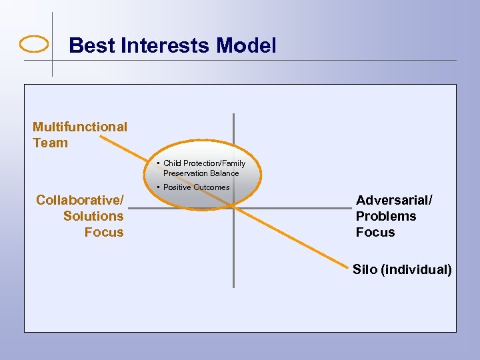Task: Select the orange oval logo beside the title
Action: tap(35, 45)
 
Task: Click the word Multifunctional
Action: tap(80, 127)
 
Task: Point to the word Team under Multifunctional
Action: tap(50, 143)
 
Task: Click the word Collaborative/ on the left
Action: tap(80, 200)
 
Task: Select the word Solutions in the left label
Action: tap(93, 216)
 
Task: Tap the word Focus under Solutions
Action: tap(104, 232)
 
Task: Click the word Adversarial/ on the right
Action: tap(394, 200)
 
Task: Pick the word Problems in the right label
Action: tap(386, 216)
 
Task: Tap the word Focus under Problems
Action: tap(375, 232)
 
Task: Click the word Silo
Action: tap(365, 270)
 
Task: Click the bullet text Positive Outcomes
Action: tap(196, 187)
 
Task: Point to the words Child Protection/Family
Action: tap(204, 163)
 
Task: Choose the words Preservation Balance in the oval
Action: tap(201, 173)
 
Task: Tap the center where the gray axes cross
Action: tap(233, 207)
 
